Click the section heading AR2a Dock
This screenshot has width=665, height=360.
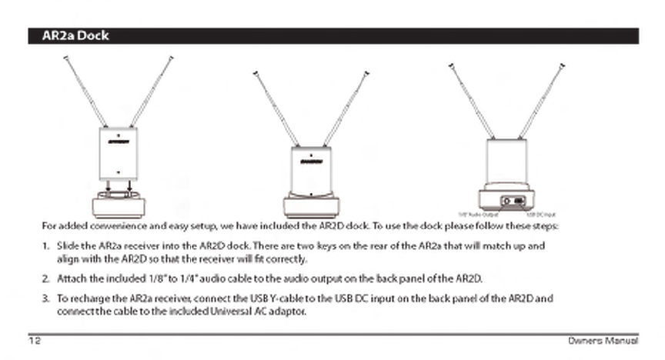click(75, 36)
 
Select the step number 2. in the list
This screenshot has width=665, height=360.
click(45, 278)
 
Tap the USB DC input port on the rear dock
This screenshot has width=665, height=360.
click(520, 201)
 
